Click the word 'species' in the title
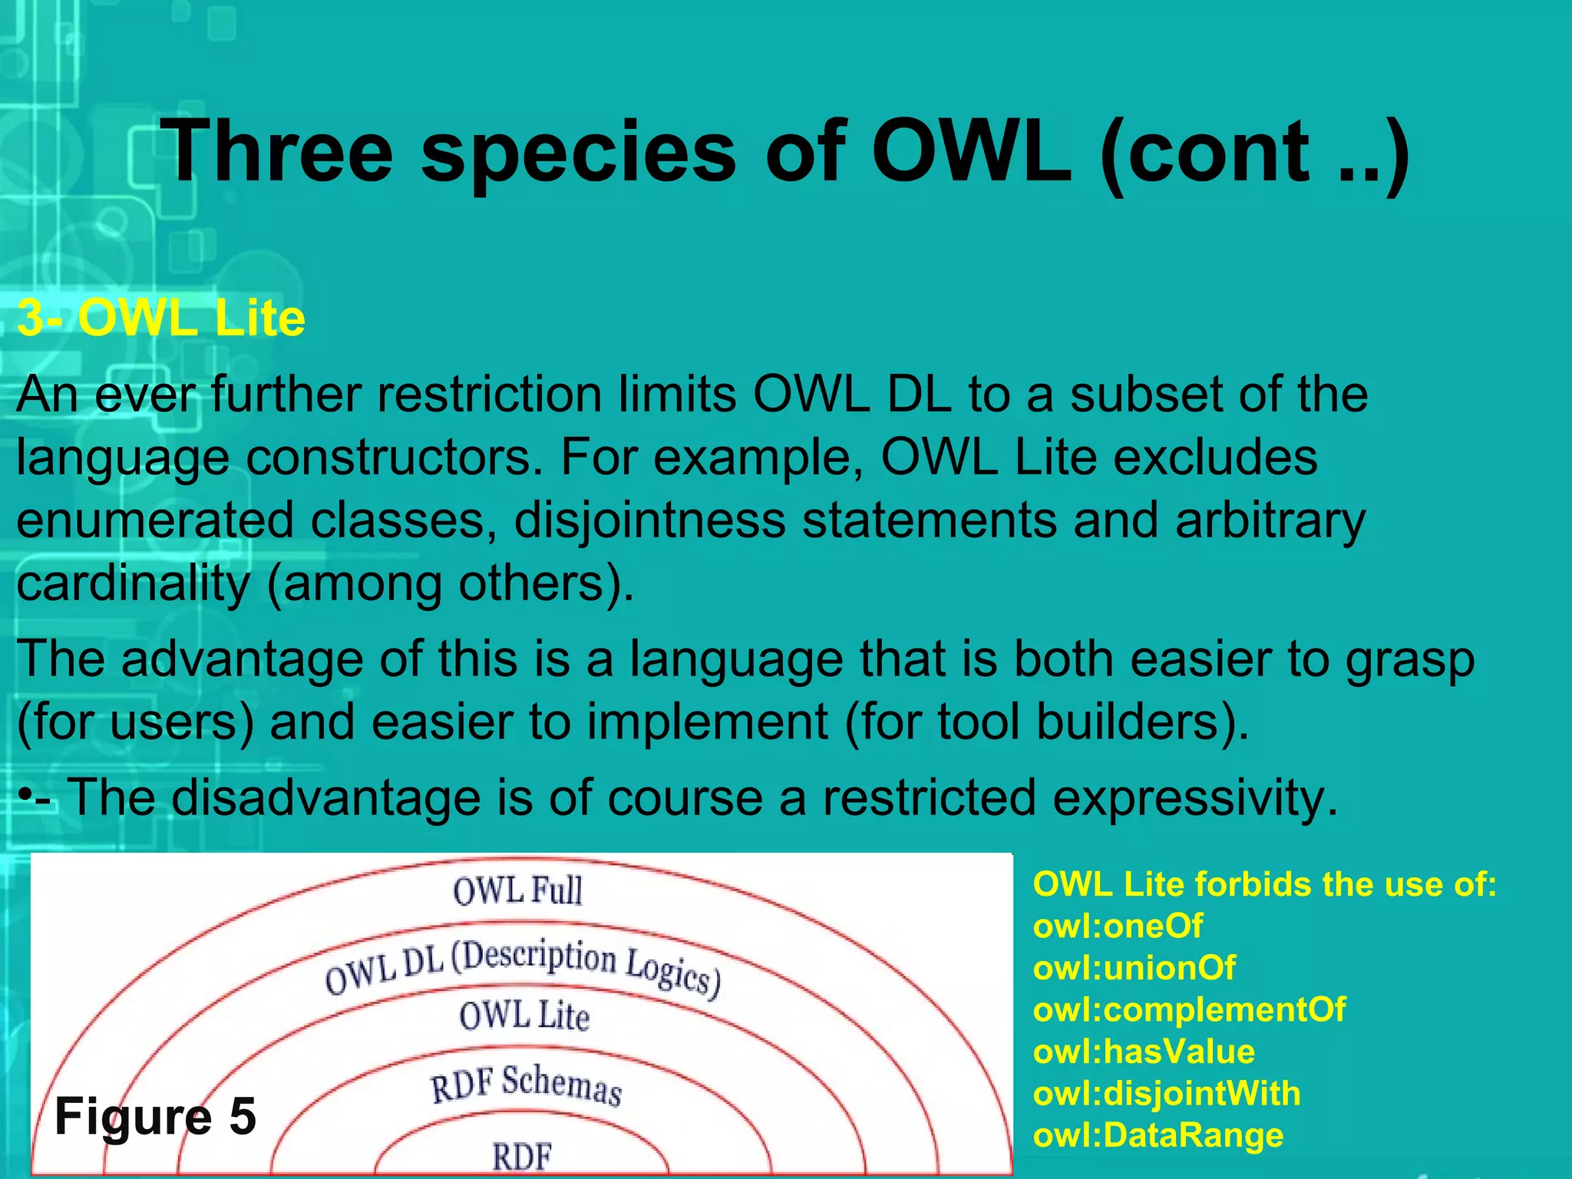click(x=579, y=154)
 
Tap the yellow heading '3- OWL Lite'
click(x=161, y=318)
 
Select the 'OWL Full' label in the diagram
click(x=518, y=891)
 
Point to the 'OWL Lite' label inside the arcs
click(x=524, y=1016)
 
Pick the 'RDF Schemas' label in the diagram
click(x=526, y=1085)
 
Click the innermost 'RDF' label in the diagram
click(x=522, y=1156)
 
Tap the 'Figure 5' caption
click(x=156, y=1116)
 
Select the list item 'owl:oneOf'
click(x=1118, y=926)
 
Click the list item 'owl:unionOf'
click(x=1134, y=968)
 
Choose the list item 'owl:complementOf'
click(x=1189, y=1009)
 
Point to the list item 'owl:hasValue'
click(x=1144, y=1052)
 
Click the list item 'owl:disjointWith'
click(x=1167, y=1093)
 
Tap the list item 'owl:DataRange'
click(x=1158, y=1135)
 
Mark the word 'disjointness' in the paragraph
click(x=649, y=520)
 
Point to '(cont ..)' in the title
click(x=1254, y=154)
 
